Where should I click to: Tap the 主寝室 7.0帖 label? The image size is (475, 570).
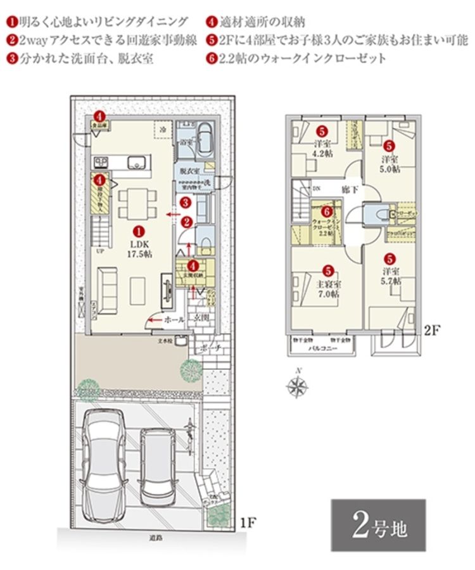tap(327, 289)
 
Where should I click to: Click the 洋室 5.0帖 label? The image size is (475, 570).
tap(389, 163)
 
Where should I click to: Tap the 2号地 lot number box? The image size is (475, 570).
tap(378, 525)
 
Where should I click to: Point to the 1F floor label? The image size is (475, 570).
tap(248, 523)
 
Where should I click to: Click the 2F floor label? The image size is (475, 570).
tap(431, 330)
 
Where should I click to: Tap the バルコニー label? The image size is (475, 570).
tap(322, 349)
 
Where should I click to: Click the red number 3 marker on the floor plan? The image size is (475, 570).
tap(184, 203)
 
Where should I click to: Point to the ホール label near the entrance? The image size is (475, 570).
tap(173, 320)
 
